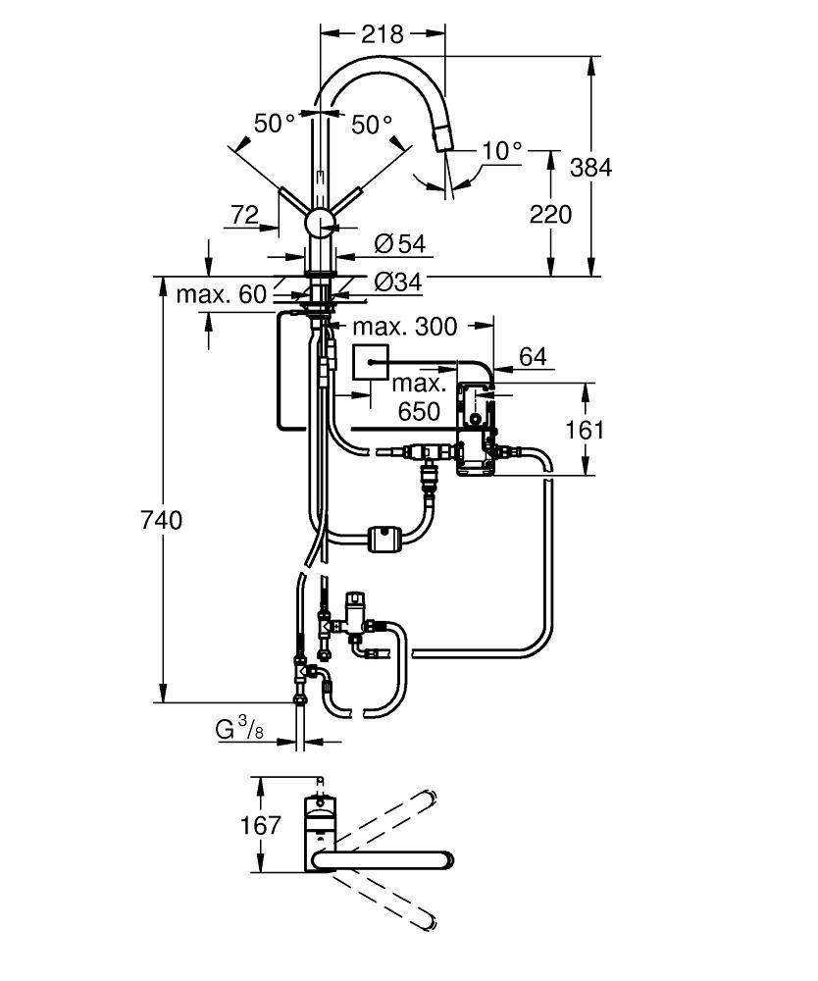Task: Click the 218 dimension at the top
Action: coord(383,33)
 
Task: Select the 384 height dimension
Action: coord(590,167)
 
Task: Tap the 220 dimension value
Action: coord(549,213)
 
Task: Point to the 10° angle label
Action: coord(502,150)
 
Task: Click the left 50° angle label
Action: coord(275,124)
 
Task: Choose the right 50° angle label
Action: coord(372,125)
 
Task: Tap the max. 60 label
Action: coord(222,293)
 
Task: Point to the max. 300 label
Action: coord(405,326)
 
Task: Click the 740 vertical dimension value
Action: coord(162,520)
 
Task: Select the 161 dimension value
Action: coord(586,429)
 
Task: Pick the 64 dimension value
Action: coord(532,357)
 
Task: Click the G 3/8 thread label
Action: coord(238,730)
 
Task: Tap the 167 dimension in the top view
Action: coord(261,825)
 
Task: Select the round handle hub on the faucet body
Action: coord(320,223)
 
